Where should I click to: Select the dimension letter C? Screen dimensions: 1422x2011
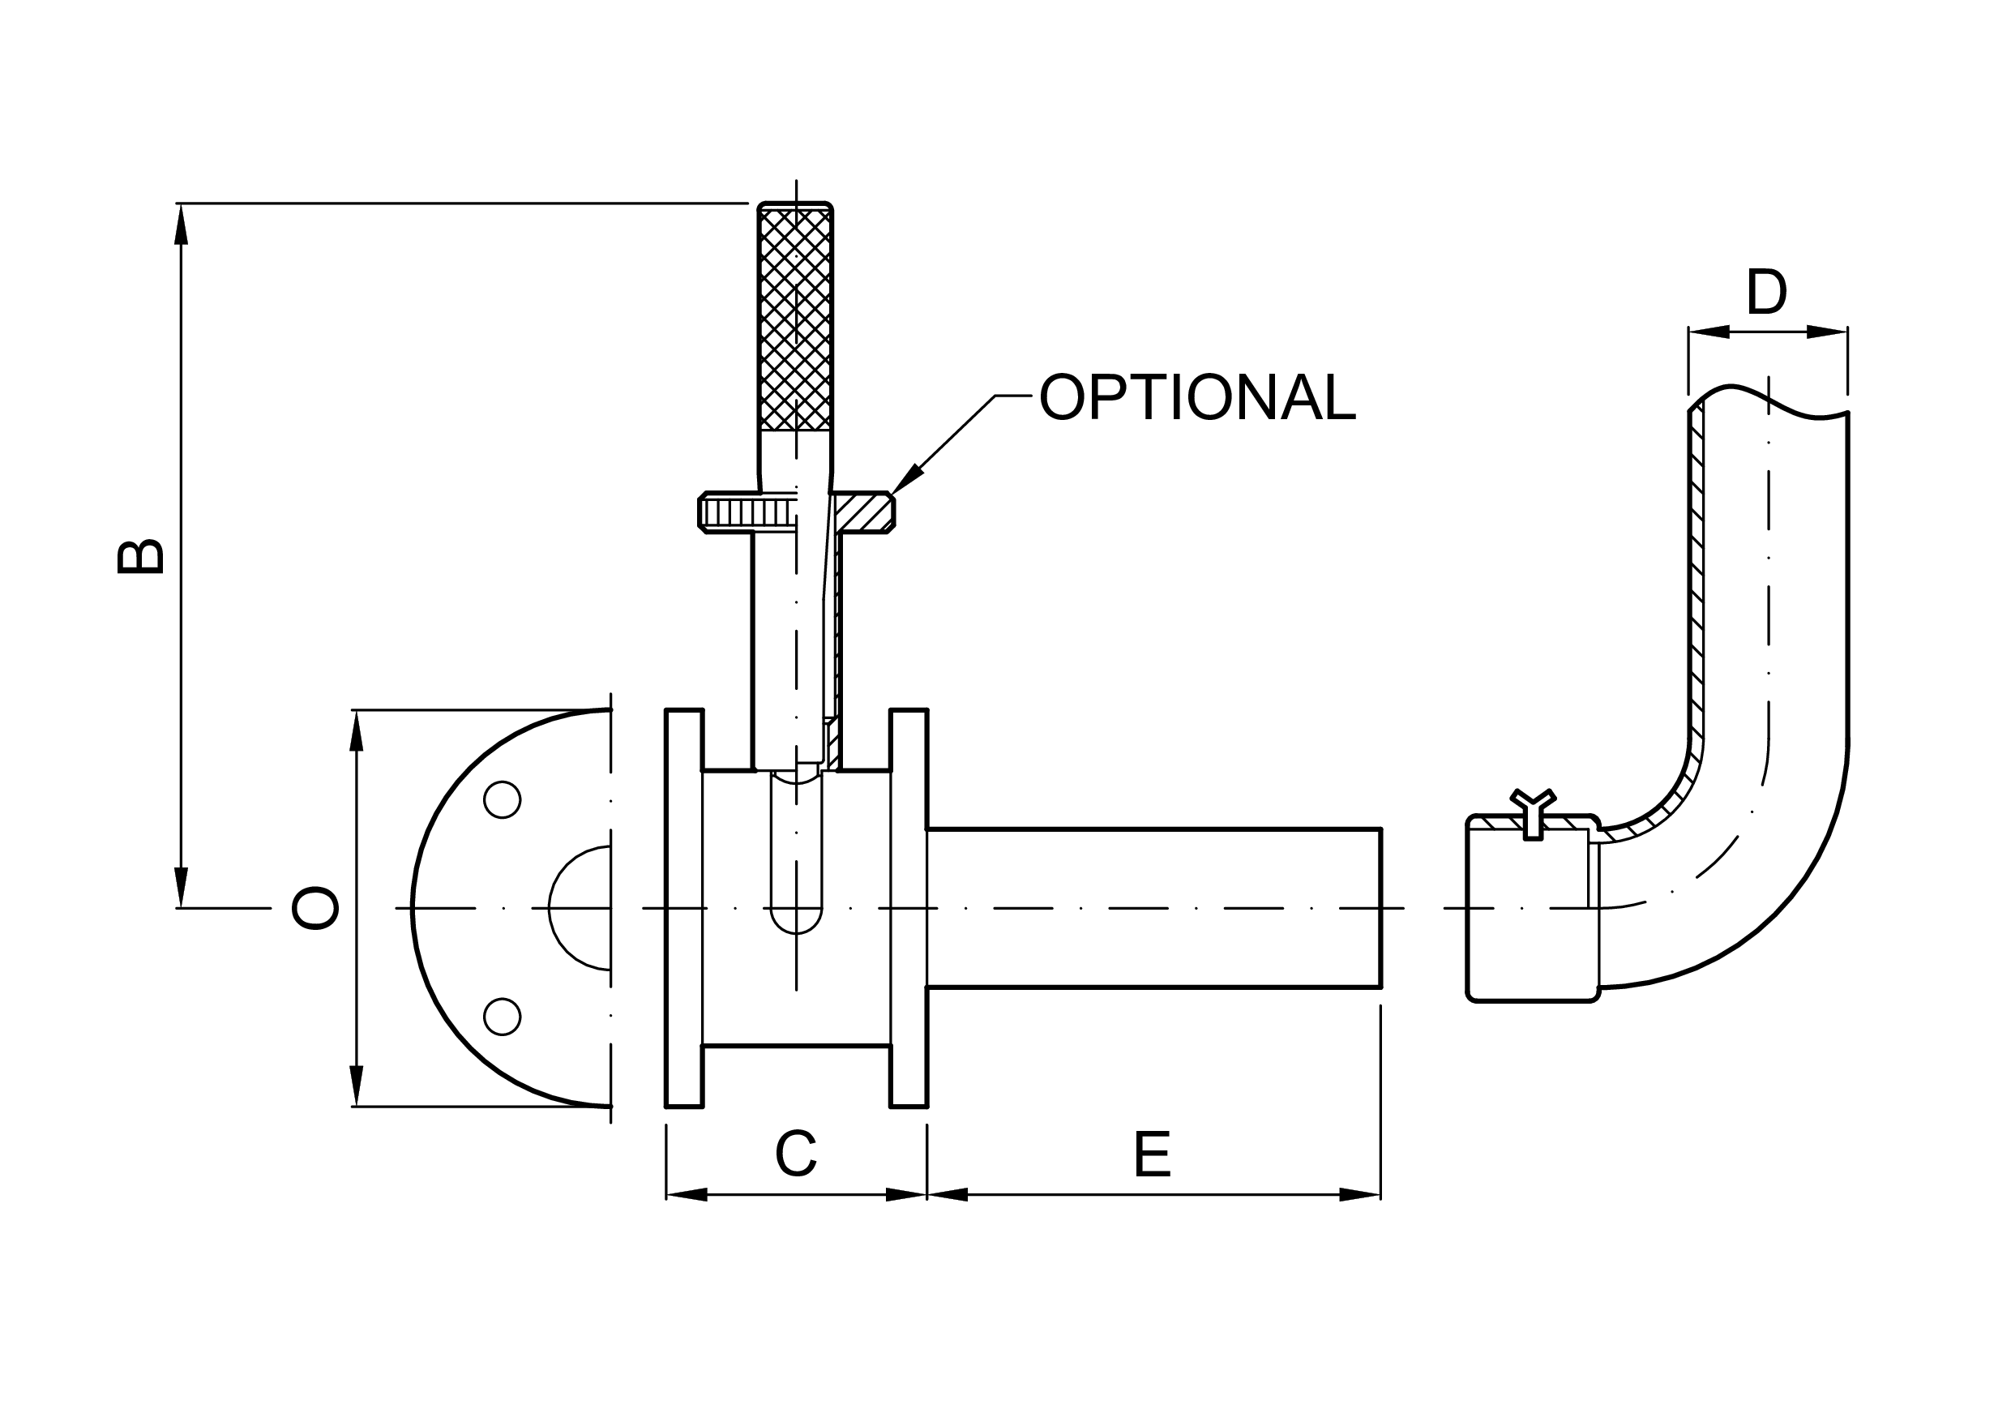tap(795, 1154)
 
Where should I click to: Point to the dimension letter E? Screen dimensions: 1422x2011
tap(1152, 1155)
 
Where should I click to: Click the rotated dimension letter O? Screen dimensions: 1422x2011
tap(314, 908)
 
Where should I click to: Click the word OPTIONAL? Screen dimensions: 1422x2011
tap(1196, 398)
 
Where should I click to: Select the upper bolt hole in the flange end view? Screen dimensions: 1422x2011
tap(502, 800)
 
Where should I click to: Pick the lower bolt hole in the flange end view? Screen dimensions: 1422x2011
tap(502, 1016)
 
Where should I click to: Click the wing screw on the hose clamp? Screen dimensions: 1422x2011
tap(1533, 811)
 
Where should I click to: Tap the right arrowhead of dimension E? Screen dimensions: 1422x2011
tap(1360, 1194)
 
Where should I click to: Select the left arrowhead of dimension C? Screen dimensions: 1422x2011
tap(687, 1194)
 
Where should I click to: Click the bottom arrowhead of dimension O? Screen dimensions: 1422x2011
tap(357, 1086)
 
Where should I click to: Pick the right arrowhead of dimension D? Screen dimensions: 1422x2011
tap(1827, 332)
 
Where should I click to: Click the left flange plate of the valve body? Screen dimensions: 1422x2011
tap(684, 908)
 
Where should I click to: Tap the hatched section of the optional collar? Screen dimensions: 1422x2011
tap(862, 512)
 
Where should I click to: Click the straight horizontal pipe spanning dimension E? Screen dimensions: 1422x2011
tap(1153, 908)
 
